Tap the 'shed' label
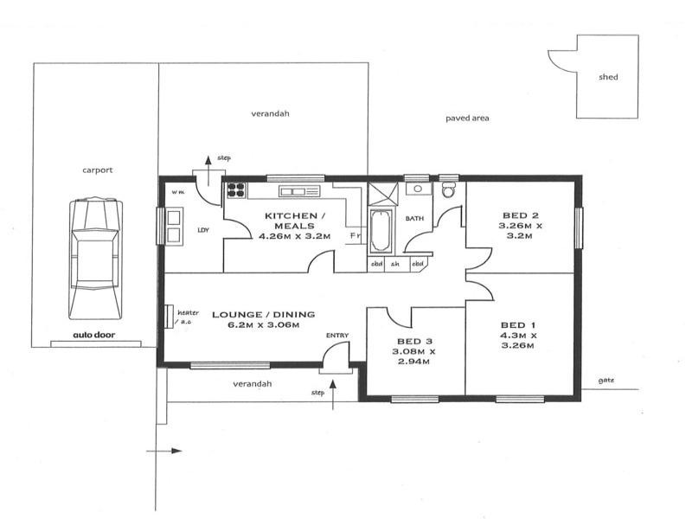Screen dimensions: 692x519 click(x=608, y=77)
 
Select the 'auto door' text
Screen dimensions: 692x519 click(x=94, y=335)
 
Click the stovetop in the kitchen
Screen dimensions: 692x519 click(x=236, y=190)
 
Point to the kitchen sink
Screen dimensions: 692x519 click(x=299, y=191)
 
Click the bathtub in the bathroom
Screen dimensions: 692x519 click(x=381, y=231)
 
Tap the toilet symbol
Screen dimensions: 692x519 click(x=449, y=189)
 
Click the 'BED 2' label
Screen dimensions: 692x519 click(x=521, y=215)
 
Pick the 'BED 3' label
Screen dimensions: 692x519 click(x=415, y=341)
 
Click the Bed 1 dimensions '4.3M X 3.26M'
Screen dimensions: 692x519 click(x=518, y=340)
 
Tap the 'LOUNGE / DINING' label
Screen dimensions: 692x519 click(x=264, y=314)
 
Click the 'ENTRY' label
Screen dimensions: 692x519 click(x=337, y=336)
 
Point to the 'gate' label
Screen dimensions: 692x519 click(x=606, y=381)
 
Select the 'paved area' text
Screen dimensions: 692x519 click(x=467, y=119)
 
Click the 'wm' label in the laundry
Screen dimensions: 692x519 click(x=178, y=192)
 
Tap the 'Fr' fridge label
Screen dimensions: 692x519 click(x=356, y=235)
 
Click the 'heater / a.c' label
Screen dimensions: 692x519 click(x=188, y=317)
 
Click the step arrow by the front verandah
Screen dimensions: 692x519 click(x=333, y=394)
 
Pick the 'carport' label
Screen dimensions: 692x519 click(x=98, y=170)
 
